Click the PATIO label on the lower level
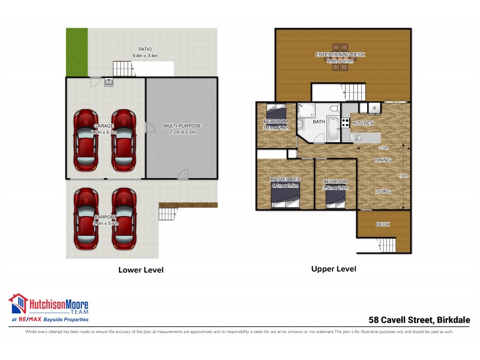(144, 50)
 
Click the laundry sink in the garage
(109, 82)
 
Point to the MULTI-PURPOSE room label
(182, 126)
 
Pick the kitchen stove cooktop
(345, 122)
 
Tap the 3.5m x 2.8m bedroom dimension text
(335, 187)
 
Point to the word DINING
(382, 160)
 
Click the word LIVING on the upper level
(382, 191)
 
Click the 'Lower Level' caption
(141, 270)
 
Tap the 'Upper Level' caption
(333, 269)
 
